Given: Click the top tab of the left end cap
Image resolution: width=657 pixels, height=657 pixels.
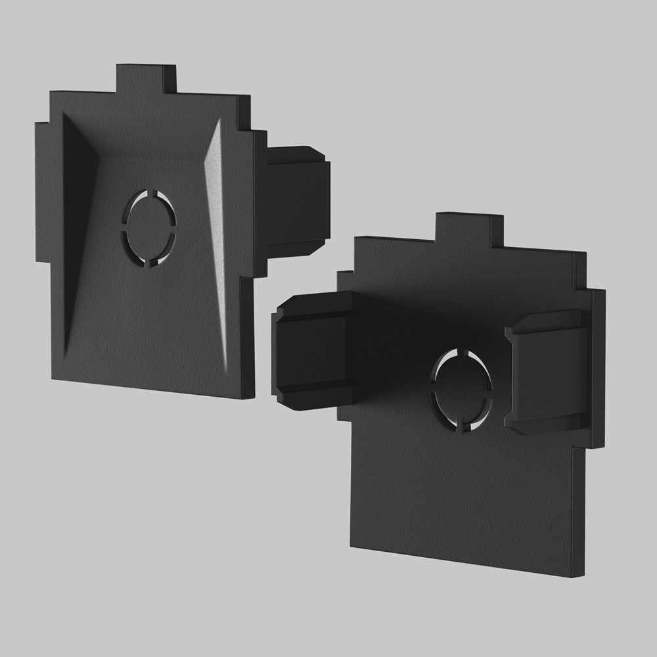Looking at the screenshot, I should tap(146, 79).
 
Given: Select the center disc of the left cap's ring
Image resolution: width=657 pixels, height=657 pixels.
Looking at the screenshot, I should tap(149, 227).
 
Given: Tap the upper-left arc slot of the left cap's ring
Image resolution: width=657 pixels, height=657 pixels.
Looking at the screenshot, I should tap(134, 203).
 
